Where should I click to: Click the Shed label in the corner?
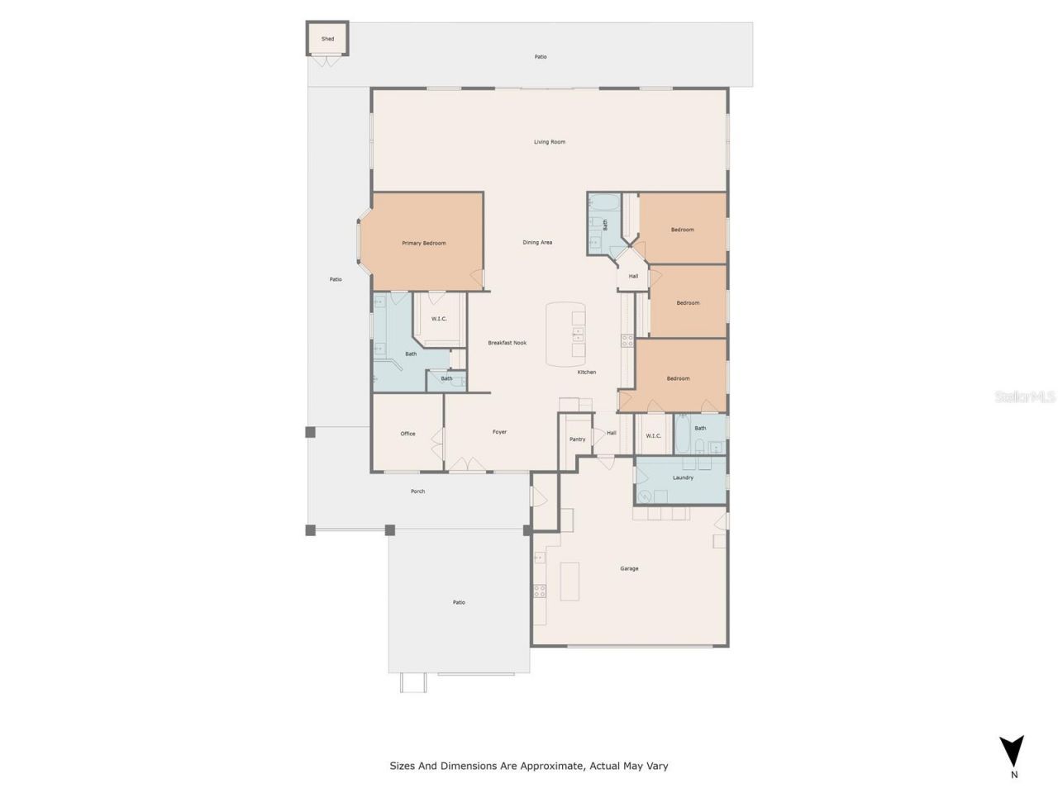327,39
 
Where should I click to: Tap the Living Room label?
549,142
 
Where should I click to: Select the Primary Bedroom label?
423,243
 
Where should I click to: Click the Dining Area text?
537,242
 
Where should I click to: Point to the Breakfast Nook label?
507,343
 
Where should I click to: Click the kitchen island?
565,335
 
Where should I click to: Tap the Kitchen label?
586,373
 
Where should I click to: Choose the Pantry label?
577,439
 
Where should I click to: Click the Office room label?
407,434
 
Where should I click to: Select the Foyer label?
499,432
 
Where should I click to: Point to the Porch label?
417,491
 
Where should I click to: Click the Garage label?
629,568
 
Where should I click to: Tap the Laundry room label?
683,477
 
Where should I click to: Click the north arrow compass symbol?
1012,752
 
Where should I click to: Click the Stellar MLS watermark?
1024,397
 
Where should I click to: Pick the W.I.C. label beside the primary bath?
439,319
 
